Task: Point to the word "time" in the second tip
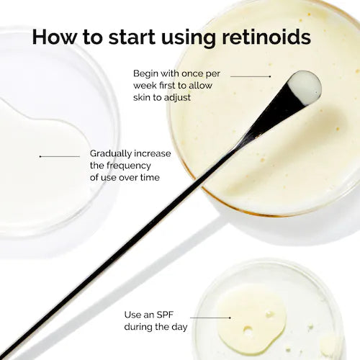148,177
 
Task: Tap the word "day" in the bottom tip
176,327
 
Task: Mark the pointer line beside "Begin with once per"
250,75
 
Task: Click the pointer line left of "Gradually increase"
60,156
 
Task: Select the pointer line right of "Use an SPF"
211,316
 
